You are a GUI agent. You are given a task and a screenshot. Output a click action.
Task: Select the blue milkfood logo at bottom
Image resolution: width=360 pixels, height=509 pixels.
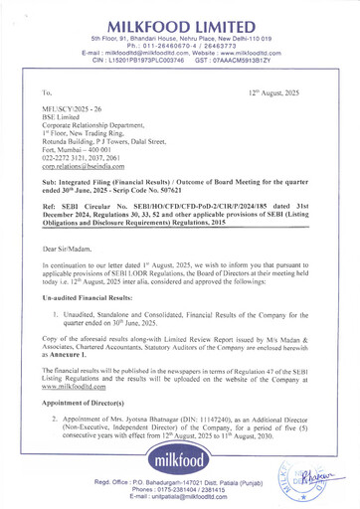(x=181, y=465)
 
